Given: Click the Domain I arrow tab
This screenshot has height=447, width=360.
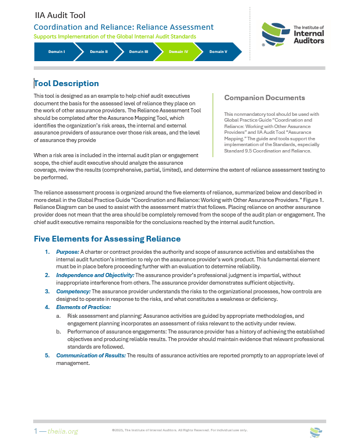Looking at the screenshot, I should point(56,52).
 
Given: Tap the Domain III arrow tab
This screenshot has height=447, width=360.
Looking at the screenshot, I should point(138,52).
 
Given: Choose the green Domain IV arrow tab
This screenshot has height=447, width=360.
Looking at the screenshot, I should point(178,52).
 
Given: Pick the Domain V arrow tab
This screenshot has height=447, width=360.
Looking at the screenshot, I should point(218,52).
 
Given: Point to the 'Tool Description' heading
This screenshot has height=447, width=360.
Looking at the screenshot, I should point(66,83).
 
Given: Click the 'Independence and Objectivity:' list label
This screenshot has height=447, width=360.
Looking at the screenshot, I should point(95,274).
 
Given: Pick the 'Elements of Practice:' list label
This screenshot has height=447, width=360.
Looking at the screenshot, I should point(83,307).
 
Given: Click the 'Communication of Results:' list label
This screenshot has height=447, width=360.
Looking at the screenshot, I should point(91,354).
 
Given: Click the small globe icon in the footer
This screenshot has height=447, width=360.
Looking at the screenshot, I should point(315,431).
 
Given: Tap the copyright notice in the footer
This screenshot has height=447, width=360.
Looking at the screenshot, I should point(179,430).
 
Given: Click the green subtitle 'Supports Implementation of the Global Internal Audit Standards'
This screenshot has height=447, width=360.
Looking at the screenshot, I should point(115,36).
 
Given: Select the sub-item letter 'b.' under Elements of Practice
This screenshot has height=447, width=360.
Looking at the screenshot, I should point(58,329).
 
